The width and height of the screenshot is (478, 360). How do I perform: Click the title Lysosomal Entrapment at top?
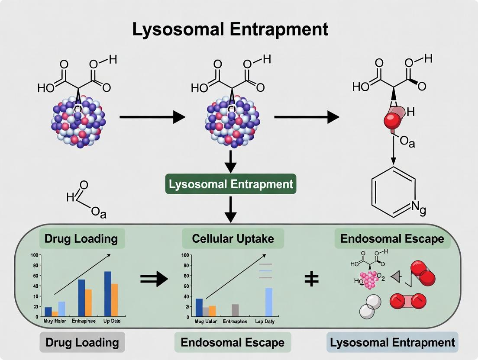point(230,29)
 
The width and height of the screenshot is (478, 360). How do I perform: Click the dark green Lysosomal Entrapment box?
point(231,184)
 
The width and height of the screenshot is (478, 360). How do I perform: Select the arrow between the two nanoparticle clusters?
point(152,117)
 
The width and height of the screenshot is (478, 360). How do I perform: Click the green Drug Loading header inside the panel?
point(81,238)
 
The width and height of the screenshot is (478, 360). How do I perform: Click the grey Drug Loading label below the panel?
point(82,342)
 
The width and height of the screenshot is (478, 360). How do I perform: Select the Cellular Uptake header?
point(233,238)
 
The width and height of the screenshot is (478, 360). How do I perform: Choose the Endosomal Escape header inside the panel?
point(392,238)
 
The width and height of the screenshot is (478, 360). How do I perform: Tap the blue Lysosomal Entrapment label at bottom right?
point(392,342)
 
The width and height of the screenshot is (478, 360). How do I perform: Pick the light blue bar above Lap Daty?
point(268,302)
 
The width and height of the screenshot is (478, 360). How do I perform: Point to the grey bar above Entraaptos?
point(235,310)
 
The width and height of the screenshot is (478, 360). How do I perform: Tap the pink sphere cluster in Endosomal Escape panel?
point(368,280)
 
